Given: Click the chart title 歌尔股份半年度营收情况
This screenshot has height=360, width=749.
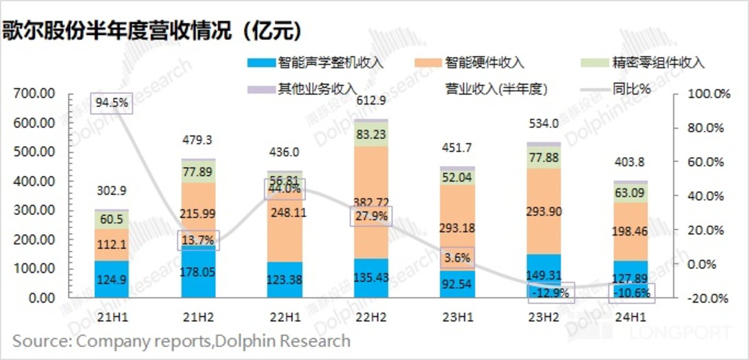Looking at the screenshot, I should (152, 31).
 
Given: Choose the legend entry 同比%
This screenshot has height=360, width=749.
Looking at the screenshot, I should (631, 89).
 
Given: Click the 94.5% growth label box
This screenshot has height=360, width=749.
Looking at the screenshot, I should (111, 102).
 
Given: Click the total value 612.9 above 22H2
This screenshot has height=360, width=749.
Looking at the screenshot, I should (371, 101).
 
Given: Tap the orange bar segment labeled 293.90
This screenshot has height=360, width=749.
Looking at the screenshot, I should (544, 212).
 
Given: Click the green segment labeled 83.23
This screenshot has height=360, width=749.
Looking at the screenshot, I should (371, 134).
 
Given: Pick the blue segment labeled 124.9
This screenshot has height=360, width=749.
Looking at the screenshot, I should (112, 279).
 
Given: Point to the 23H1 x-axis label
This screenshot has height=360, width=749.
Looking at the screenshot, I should (457, 316).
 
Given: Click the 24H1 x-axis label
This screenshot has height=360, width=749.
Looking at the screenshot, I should (631, 316).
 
